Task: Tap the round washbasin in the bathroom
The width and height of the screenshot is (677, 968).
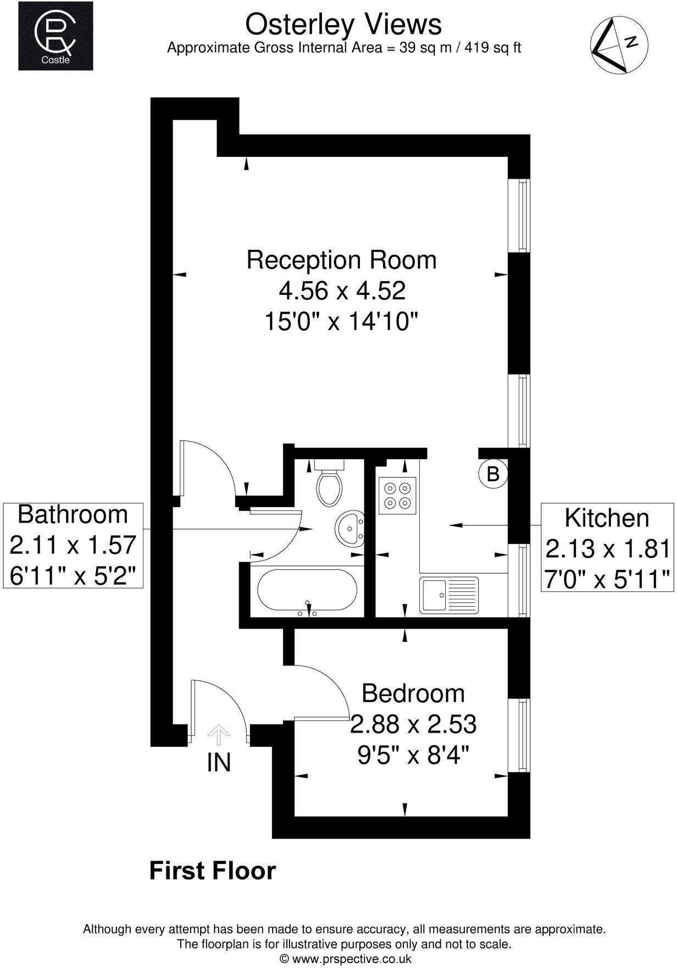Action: [x=348, y=528]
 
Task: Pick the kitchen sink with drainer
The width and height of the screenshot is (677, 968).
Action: [x=449, y=595]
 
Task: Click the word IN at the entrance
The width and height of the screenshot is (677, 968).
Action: [x=218, y=763]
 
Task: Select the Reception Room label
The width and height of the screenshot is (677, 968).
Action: [x=341, y=260]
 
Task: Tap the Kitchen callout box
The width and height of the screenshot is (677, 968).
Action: [x=607, y=548]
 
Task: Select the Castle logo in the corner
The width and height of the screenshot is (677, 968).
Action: [x=56, y=36]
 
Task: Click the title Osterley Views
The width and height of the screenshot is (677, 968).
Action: [x=343, y=25]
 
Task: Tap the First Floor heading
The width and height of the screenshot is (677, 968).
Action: [x=212, y=871]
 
